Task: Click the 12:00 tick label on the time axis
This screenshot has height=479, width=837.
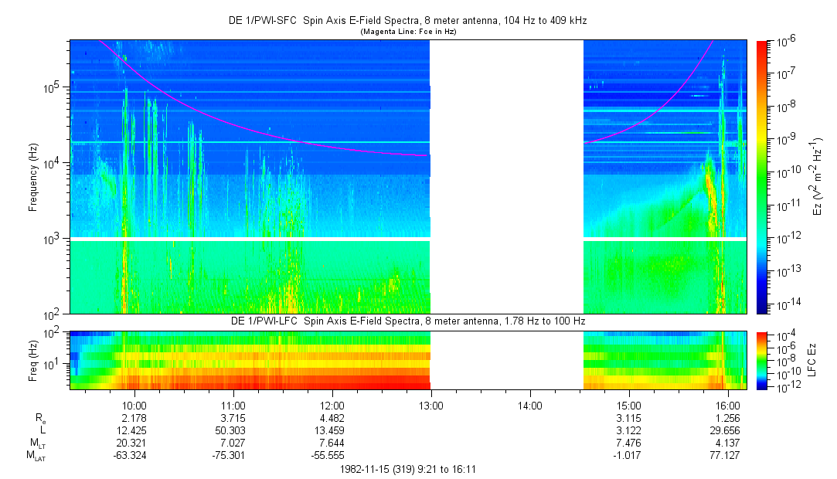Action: (332, 405)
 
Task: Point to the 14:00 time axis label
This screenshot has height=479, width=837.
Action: (529, 405)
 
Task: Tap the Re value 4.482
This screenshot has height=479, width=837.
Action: (332, 418)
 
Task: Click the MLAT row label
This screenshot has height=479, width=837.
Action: (36, 457)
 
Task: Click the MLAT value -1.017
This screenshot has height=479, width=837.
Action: (629, 456)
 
